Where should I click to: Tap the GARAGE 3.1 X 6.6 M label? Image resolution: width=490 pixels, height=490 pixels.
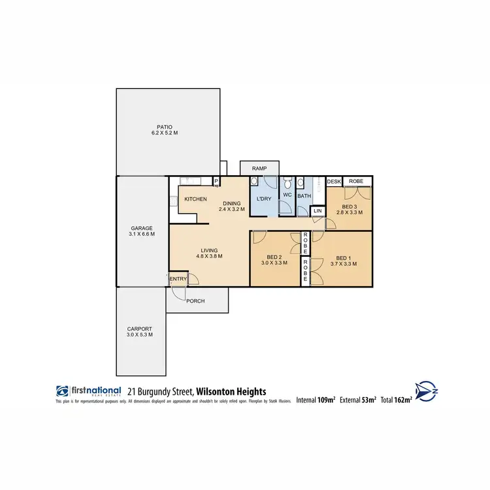[x=141, y=231]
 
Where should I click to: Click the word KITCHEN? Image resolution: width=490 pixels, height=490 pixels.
[x=195, y=199]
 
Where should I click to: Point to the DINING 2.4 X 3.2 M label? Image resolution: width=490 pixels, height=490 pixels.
[x=232, y=206]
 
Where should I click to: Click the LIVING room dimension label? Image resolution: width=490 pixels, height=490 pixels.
[x=209, y=253]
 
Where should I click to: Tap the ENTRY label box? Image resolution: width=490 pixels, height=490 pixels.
[x=177, y=279]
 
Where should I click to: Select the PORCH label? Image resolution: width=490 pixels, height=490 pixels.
[x=195, y=301]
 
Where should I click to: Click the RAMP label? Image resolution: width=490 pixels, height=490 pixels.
[x=259, y=169]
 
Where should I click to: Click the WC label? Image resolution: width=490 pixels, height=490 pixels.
[x=287, y=195]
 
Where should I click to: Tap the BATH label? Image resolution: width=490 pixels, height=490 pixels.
[x=304, y=195]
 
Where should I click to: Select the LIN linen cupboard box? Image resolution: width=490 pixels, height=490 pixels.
[x=318, y=210]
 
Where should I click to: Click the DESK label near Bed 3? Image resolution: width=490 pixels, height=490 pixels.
[x=334, y=181]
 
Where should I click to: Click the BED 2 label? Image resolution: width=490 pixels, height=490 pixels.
[x=274, y=259]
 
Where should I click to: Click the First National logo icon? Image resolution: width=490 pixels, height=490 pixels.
[x=62, y=391]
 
